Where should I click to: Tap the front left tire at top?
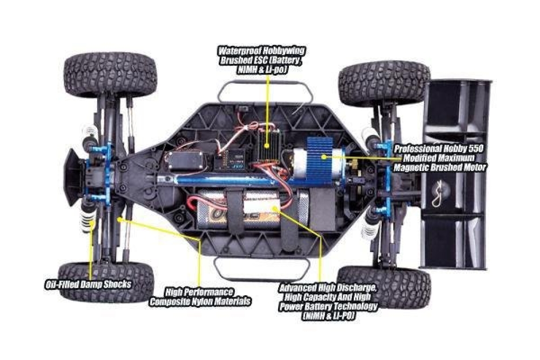click(x=110, y=74)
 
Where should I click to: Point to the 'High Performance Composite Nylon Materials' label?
click(x=200, y=296)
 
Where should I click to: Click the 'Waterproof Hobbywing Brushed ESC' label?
click(x=261, y=59)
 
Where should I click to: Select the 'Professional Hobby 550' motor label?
click(x=440, y=158)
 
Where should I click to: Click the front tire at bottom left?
click(x=106, y=282)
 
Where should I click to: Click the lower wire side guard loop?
click(x=262, y=264)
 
